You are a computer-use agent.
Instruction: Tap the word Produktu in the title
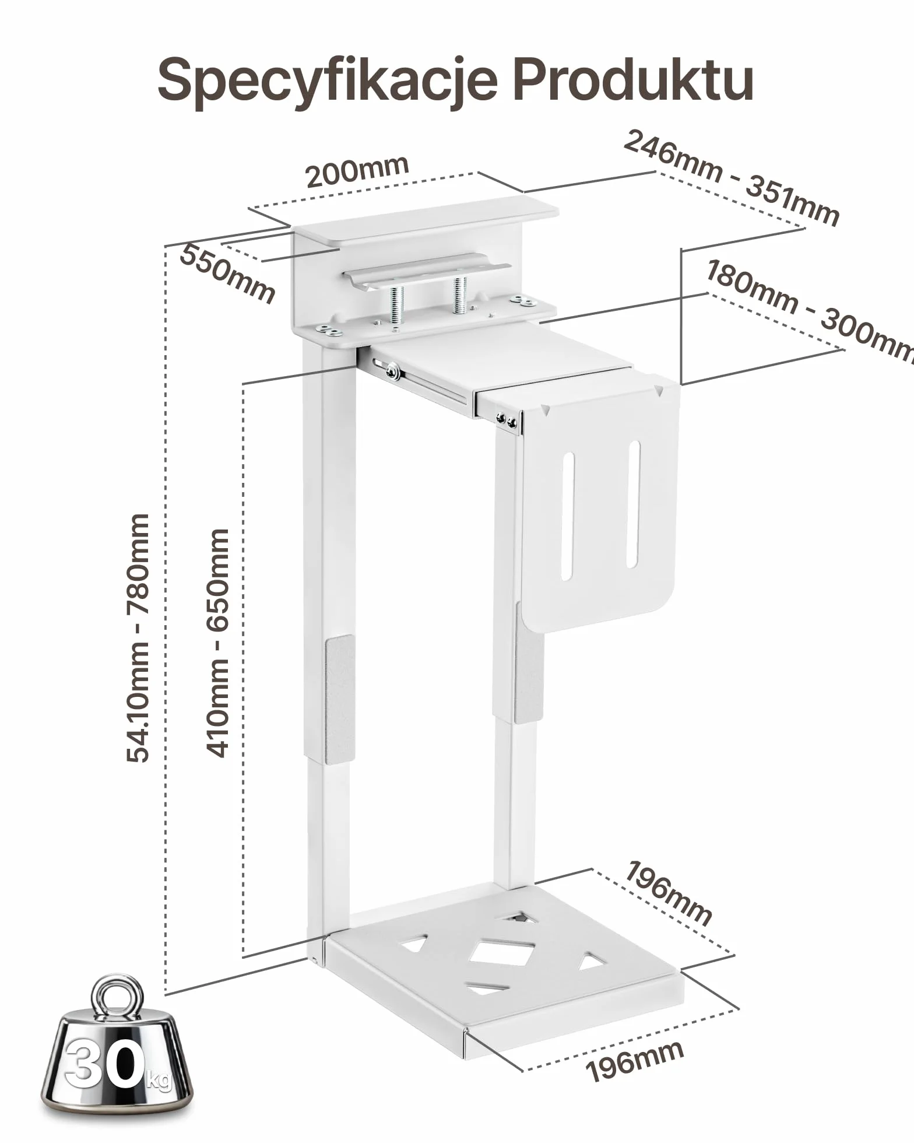click(633, 79)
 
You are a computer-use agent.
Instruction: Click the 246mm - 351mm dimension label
click(732, 177)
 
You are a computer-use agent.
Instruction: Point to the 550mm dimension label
click(227, 274)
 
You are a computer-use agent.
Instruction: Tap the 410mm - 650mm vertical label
click(218, 643)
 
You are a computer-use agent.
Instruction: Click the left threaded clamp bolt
click(397, 304)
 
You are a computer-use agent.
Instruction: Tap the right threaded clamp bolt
click(459, 294)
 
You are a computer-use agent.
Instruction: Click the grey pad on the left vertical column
click(339, 699)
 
